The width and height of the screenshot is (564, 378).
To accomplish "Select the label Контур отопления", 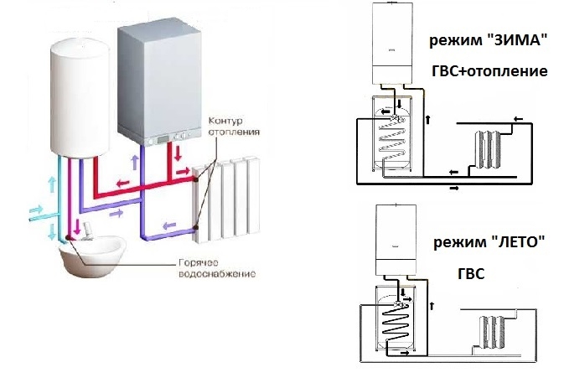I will point(230,126).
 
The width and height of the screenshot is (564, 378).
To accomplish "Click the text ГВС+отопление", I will point(489,71).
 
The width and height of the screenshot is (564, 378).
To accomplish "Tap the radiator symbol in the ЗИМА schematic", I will point(488,147).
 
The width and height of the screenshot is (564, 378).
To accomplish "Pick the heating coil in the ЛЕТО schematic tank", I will point(394,323).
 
